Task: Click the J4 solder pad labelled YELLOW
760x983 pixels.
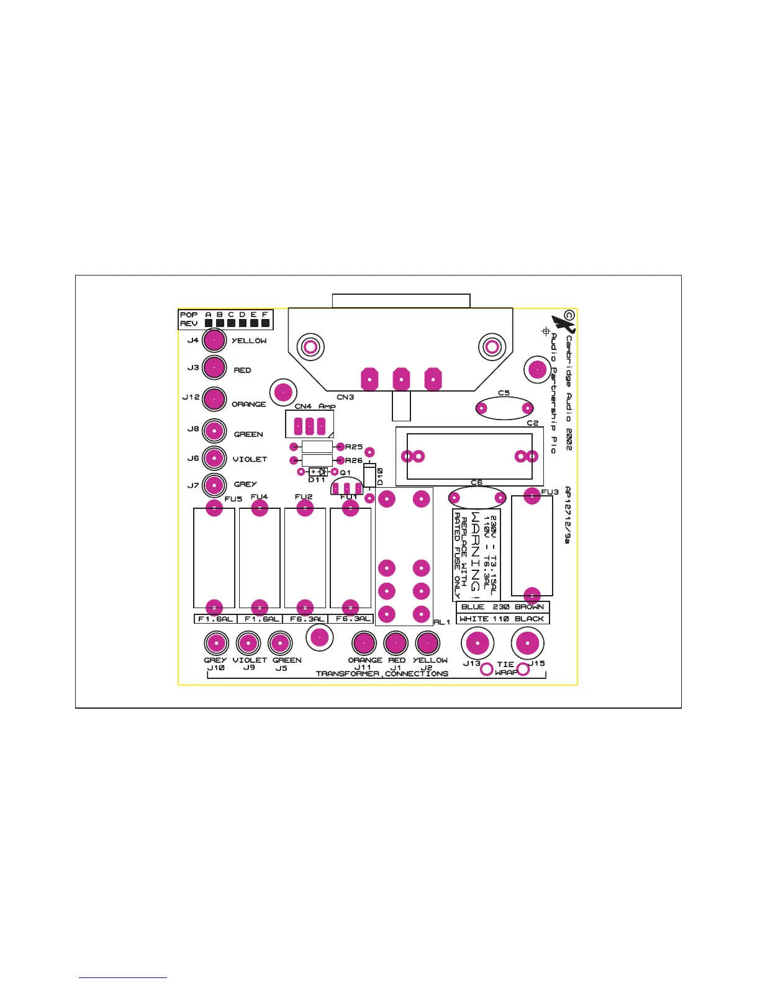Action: [x=214, y=340]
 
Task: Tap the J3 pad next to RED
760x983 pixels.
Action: [x=214, y=367]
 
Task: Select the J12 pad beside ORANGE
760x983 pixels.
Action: [x=214, y=399]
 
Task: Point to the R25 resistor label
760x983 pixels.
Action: [x=354, y=447]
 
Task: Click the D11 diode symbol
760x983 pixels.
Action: [x=318, y=472]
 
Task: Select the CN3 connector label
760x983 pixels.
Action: [x=345, y=397]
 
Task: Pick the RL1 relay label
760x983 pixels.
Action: [x=441, y=622]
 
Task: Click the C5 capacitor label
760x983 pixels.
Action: [x=504, y=393]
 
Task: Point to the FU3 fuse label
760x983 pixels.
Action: [x=550, y=492]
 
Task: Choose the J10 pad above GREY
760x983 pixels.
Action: [x=216, y=643]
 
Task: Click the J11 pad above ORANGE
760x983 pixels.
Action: [x=364, y=643]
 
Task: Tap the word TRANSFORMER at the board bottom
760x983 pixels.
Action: [x=348, y=673]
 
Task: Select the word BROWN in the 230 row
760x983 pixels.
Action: [x=529, y=607]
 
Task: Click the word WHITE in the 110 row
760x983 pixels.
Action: [x=474, y=619]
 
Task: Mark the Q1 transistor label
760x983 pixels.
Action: [x=345, y=473]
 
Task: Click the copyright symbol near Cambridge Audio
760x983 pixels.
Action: [x=569, y=316]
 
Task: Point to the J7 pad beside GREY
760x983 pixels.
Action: [x=214, y=484]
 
